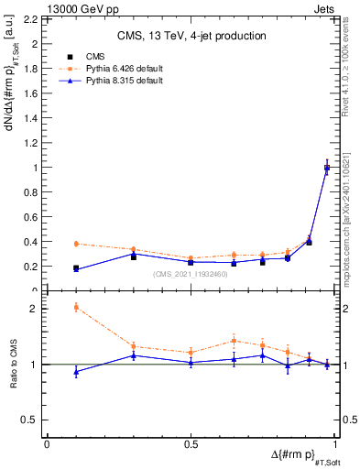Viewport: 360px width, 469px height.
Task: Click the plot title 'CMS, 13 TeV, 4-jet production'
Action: tap(191, 36)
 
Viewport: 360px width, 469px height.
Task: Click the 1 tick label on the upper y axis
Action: tap(35, 168)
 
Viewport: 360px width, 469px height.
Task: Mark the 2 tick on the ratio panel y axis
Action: tap(35, 309)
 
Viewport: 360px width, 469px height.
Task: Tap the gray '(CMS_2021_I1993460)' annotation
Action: tap(191, 274)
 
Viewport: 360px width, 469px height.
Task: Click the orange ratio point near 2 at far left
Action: tap(76, 307)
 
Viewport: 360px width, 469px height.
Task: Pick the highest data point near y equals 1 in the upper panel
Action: tap(327, 168)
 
